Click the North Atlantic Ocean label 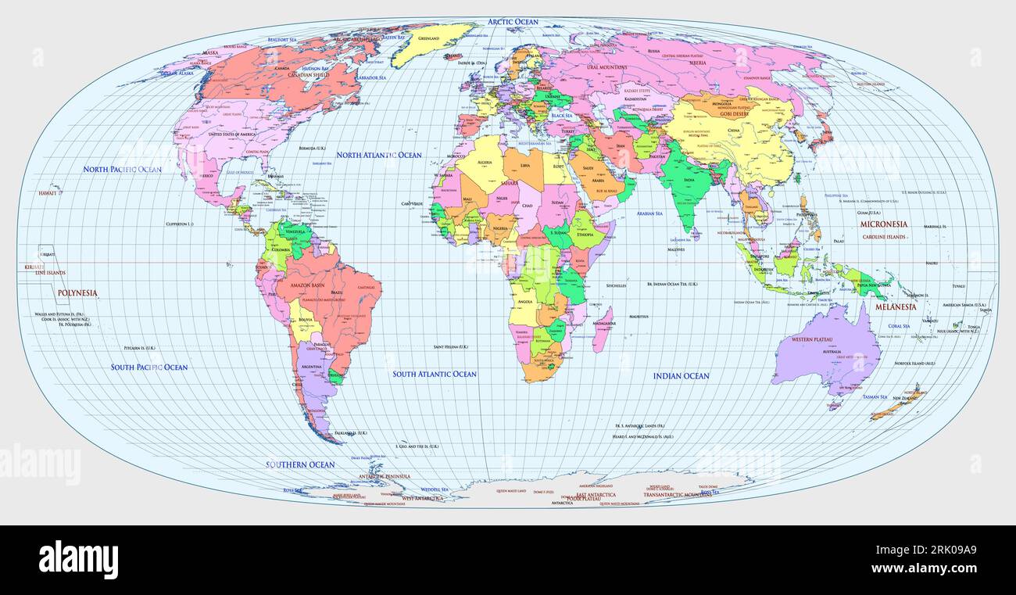point(379,155)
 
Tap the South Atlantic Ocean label point(435,375)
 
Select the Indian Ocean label point(681,376)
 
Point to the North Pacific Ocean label point(123,170)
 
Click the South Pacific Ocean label point(149,367)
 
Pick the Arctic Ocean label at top point(513,22)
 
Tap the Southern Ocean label point(300,464)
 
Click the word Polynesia point(77,293)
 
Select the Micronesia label point(883,224)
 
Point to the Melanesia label point(896,307)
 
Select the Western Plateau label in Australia point(812,339)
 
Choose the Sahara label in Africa point(510,184)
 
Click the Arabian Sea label point(649,213)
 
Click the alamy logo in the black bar point(79,560)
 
